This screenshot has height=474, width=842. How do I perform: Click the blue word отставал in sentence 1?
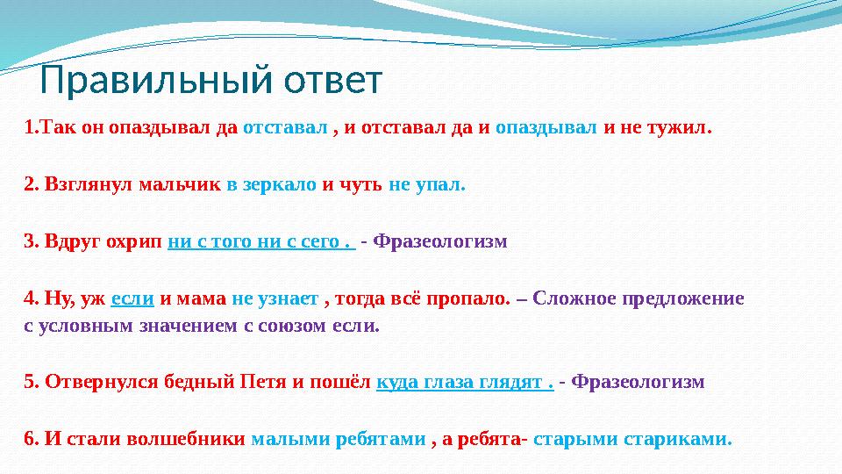(x=285, y=128)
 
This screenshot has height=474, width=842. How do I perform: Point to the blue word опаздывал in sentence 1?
(x=546, y=128)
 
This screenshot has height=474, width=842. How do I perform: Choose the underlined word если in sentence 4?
(x=133, y=298)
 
